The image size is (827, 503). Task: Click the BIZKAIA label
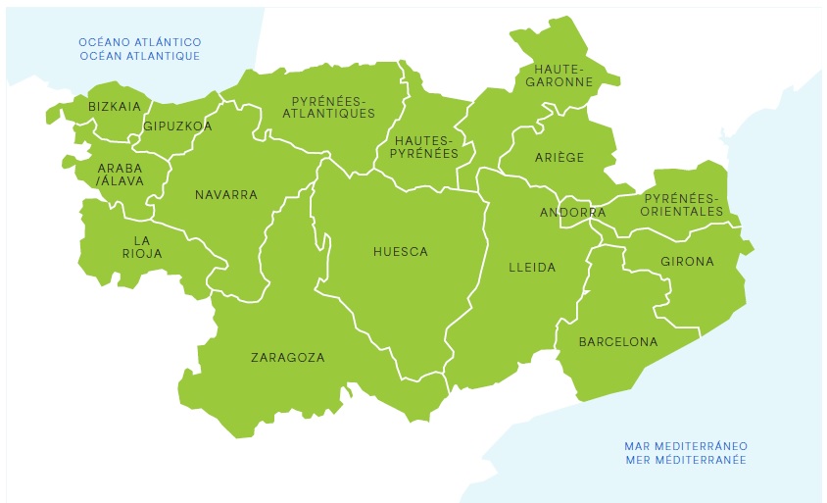115,106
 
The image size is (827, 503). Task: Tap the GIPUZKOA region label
177,126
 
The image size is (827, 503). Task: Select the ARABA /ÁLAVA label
121,175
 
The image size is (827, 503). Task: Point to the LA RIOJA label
142,247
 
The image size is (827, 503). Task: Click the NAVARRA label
225,195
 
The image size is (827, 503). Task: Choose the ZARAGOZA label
287,358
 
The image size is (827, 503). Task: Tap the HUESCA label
401,252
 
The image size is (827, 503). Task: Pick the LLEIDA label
532,267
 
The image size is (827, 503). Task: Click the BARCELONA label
618,342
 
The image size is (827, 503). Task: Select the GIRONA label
687,262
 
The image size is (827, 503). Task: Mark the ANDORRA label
573,213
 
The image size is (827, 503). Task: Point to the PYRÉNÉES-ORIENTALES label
683,205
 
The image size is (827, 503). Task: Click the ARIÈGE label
559,158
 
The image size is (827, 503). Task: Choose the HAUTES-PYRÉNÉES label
425,147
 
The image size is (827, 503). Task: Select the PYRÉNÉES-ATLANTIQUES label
328,107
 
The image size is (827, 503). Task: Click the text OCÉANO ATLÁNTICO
140,42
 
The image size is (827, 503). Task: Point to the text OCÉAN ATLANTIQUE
140,56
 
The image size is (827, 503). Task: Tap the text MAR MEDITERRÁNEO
685,446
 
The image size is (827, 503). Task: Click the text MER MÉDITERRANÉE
685,460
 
